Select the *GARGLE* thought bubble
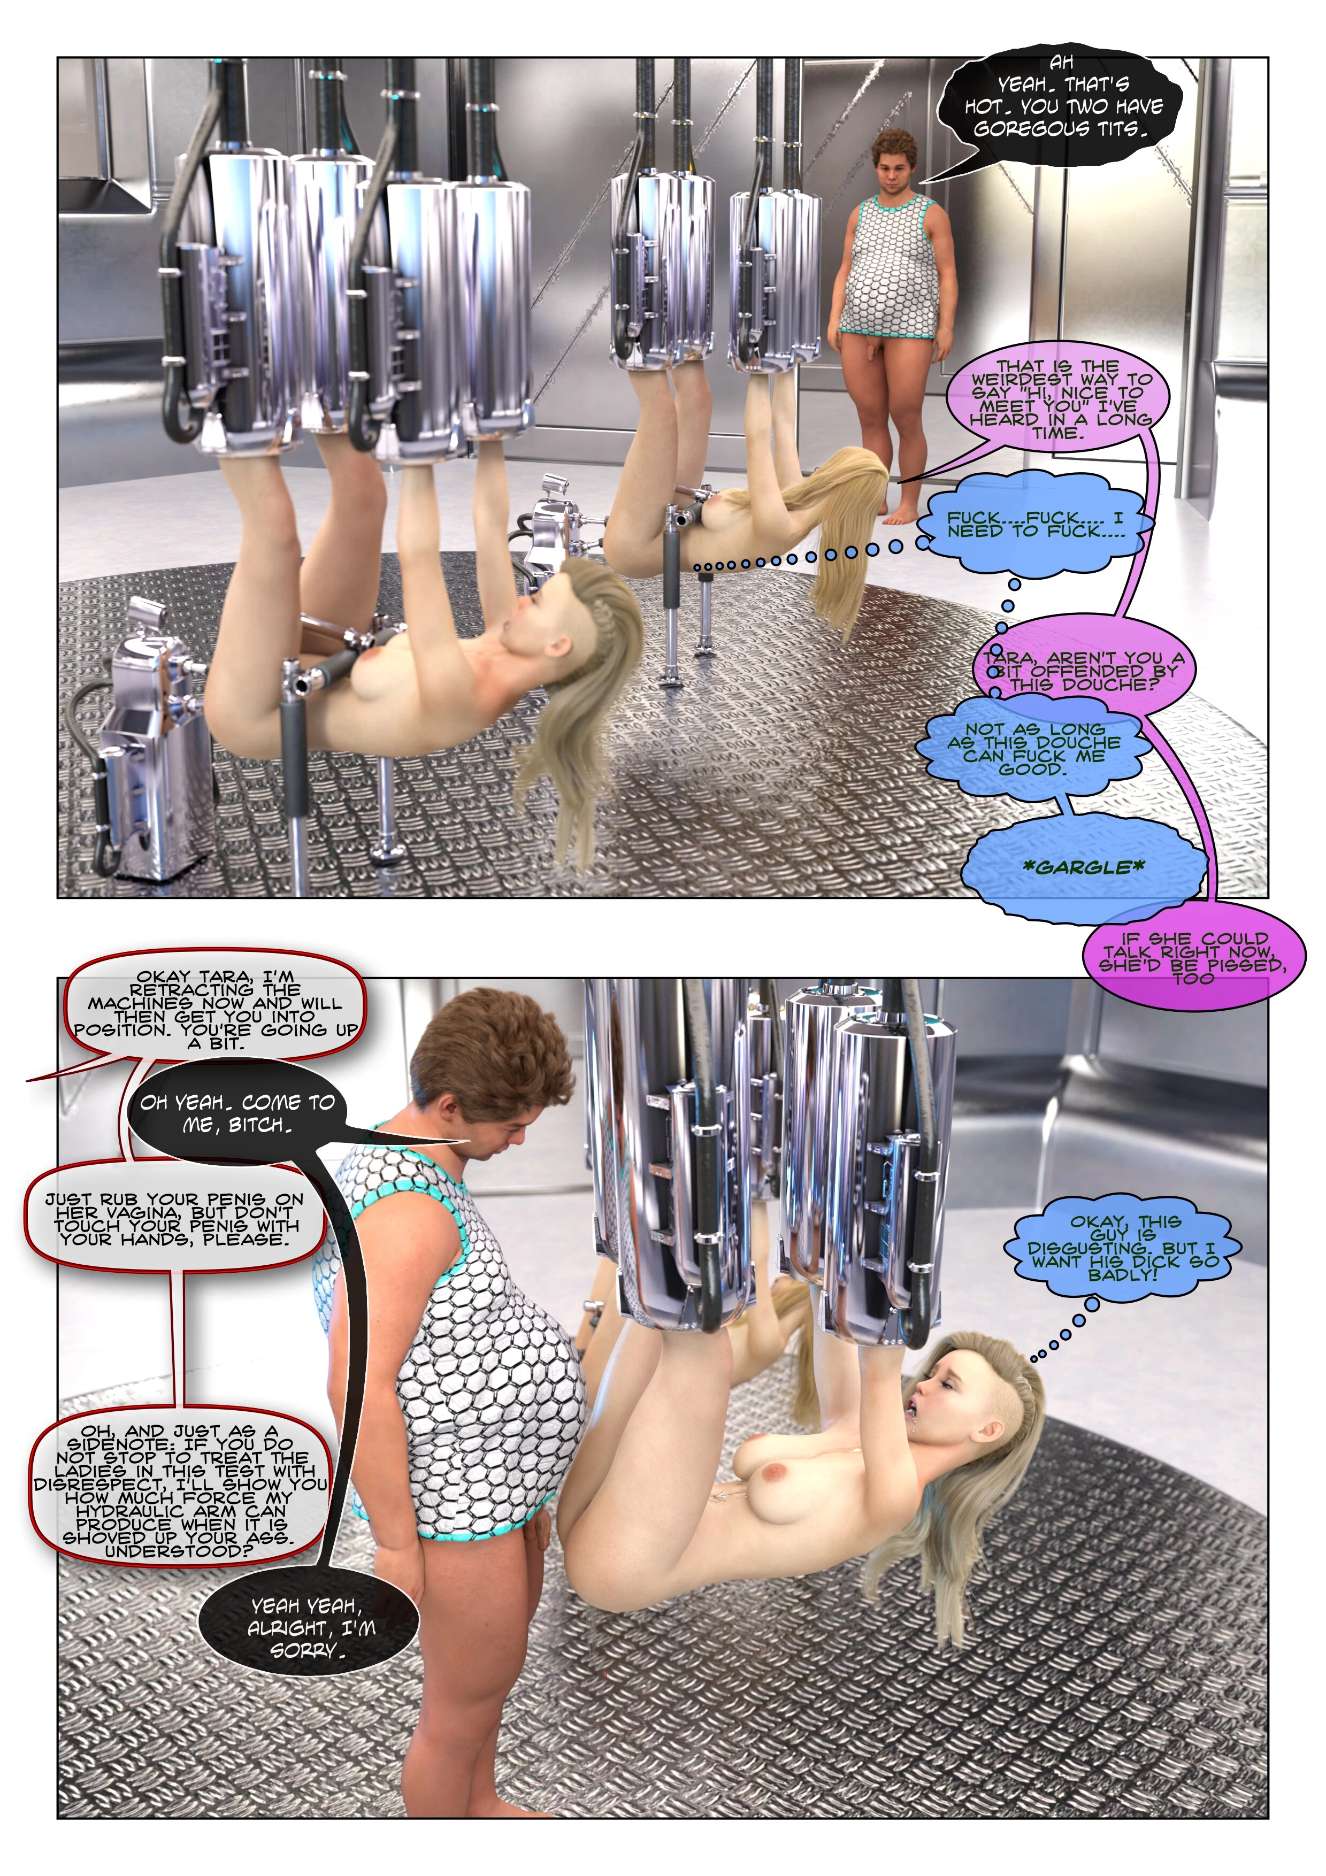tap(1083, 868)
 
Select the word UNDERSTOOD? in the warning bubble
tap(179, 1551)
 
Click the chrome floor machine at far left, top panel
tap(147, 752)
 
